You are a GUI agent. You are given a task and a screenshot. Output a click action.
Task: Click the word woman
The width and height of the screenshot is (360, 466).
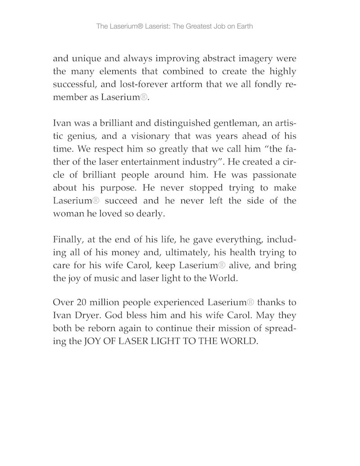[67, 214]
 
